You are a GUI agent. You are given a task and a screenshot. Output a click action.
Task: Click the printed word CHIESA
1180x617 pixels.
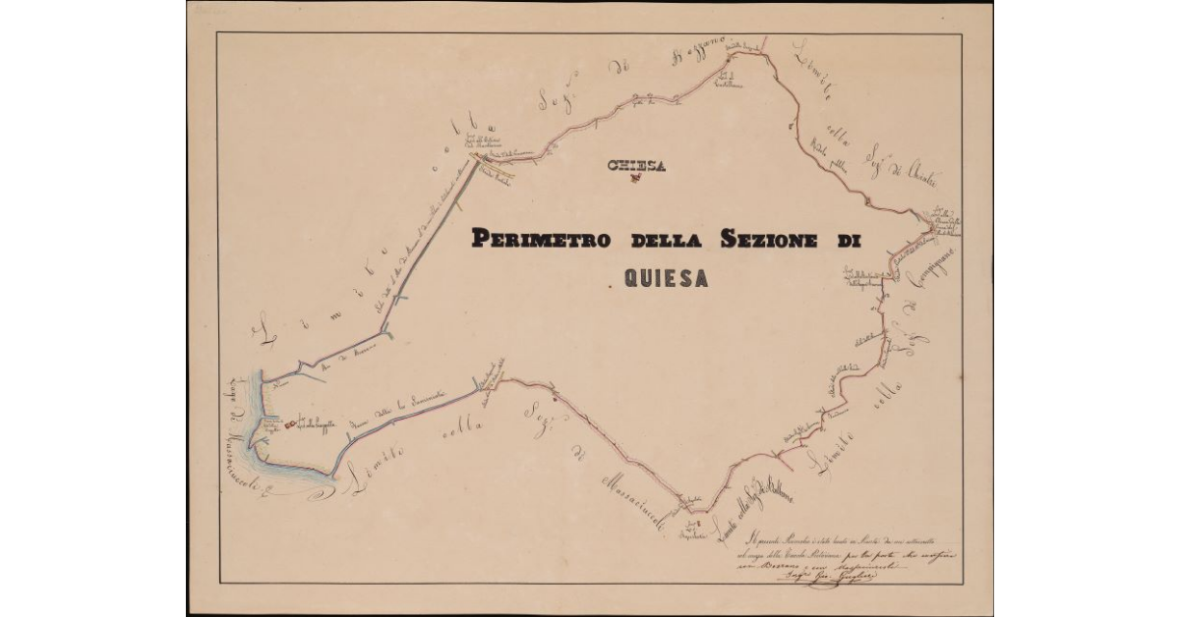pos(637,165)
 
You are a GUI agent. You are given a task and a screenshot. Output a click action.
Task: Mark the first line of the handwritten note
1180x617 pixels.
pos(846,537)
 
